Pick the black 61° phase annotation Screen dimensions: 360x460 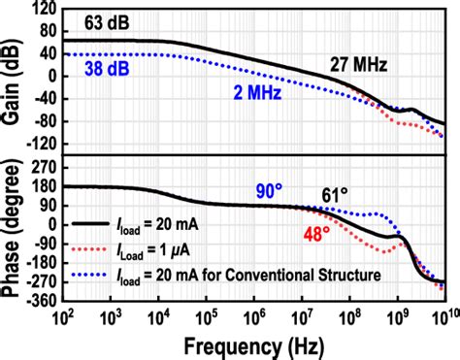[334, 197]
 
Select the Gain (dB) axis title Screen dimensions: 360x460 [13, 78]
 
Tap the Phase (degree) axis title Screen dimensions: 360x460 [13, 233]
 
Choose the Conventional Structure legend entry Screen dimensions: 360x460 [243, 275]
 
